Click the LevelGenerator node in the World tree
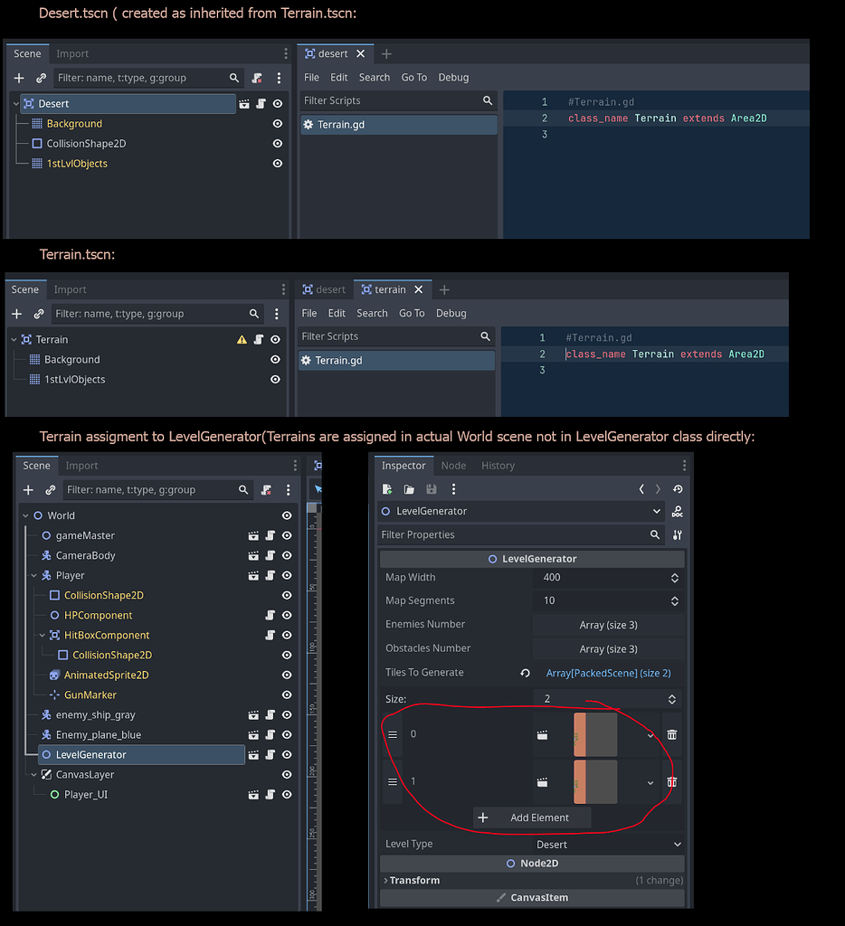coord(90,754)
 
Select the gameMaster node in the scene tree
coord(85,535)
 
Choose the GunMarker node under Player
coord(90,694)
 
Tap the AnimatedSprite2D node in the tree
coord(106,675)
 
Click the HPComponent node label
coord(98,615)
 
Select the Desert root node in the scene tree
coord(53,104)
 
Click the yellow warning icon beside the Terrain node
coord(242,340)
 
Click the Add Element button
coord(532,817)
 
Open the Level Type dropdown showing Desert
coord(608,844)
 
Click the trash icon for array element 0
coord(671,734)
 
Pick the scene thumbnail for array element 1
coord(595,781)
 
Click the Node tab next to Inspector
coord(453,466)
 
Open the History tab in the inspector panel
coord(498,466)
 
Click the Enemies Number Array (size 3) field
coord(608,624)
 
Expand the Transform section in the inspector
coord(414,880)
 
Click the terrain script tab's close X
coord(418,289)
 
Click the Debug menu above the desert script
coord(453,78)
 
